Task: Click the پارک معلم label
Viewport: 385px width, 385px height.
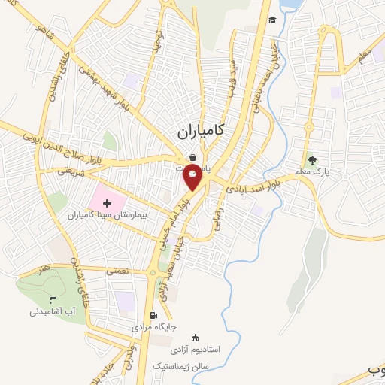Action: pos(314,172)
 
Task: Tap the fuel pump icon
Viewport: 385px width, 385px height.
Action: pos(153,316)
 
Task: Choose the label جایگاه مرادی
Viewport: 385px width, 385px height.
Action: pos(153,329)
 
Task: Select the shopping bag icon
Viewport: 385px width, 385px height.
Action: pos(193,158)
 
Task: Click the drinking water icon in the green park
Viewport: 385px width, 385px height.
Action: pos(52,299)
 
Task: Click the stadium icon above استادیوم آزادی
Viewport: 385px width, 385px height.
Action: pos(196,338)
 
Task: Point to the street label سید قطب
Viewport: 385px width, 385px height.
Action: pos(234,76)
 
